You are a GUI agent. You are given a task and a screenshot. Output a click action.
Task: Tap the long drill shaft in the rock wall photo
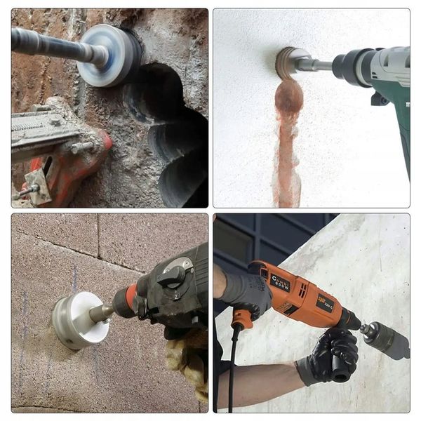point(53,45)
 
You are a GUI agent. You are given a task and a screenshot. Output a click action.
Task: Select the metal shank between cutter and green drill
point(319,65)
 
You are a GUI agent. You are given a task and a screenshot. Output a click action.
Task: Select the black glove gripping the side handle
point(335,354)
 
